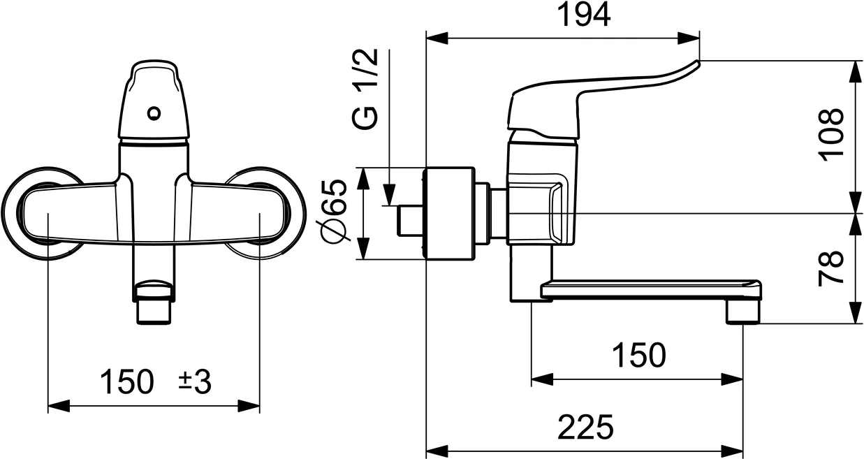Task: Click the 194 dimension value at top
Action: pos(584,15)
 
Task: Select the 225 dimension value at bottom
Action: pos(585,427)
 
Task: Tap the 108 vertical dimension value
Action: pos(833,135)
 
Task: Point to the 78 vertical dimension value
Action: pos(833,268)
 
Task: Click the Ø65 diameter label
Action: pos(335,212)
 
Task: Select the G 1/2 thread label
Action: pos(367,89)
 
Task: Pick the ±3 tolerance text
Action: pos(195,382)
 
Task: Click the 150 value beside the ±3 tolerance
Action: pos(126,382)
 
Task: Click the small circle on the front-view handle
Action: pos(154,112)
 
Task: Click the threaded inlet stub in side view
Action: pos(409,220)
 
